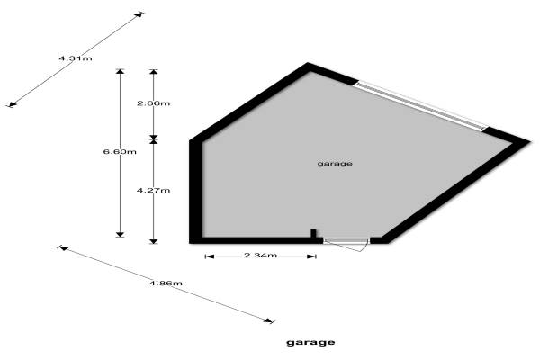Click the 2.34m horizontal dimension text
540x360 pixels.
[x=260, y=256]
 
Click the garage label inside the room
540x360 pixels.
[x=335, y=164]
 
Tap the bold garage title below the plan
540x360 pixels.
[x=310, y=342]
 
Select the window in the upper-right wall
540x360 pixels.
[x=421, y=105]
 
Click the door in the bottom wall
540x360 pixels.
[x=346, y=240]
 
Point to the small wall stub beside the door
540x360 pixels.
[x=313, y=234]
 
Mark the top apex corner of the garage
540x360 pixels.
[x=309, y=66]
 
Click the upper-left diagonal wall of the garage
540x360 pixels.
[x=247, y=103]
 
